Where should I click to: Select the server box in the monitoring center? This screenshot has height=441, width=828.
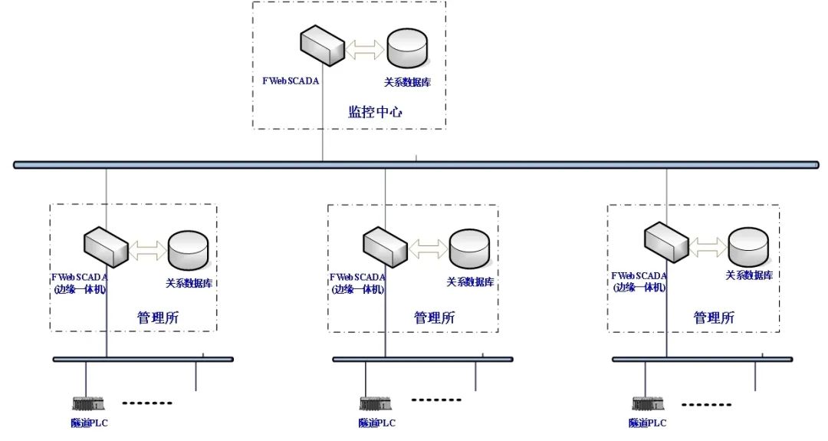[x=321, y=48]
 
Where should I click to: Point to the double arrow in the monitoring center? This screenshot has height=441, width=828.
[x=365, y=50]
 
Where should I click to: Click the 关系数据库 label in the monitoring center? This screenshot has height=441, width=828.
[x=407, y=81]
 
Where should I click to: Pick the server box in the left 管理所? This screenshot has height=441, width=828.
[x=107, y=244]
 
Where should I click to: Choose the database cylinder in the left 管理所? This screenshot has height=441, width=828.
[x=188, y=248]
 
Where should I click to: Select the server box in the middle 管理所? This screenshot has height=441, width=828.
[x=385, y=245]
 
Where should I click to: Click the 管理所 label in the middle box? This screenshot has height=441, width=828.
[x=434, y=317]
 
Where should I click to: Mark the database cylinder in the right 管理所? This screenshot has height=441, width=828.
[x=748, y=245]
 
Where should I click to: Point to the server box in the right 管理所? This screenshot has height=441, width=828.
[x=666, y=239]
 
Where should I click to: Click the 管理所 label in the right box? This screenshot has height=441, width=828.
[x=714, y=317]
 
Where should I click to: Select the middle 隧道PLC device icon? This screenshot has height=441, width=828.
[x=373, y=403]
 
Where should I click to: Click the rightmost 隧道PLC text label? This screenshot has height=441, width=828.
[x=647, y=423]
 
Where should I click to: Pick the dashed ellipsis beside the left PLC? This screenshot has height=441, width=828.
[x=147, y=403]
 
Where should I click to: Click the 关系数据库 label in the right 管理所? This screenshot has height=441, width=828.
[x=749, y=275]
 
